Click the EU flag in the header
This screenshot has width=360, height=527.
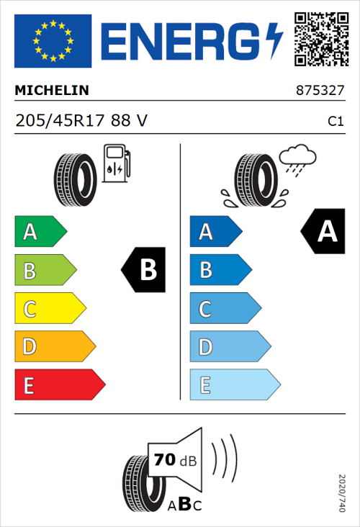click(x=53, y=41)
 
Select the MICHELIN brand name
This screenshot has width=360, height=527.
click(x=52, y=91)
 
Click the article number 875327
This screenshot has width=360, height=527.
click(x=320, y=91)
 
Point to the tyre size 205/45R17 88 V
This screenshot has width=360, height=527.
click(x=81, y=121)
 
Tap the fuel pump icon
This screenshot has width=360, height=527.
click(x=117, y=163)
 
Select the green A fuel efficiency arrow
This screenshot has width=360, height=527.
click(x=40, y=232)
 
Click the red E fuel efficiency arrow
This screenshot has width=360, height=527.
click(x=59, y=385)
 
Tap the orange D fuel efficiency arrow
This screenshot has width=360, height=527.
click(x=54, y=347)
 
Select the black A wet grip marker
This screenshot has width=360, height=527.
click(x=323, y=232)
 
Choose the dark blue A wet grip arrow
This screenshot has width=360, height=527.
click(x=215, y=232)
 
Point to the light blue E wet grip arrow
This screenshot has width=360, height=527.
click(x=234, y=385)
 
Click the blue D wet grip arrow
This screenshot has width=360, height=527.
click(x=229, y=347)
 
